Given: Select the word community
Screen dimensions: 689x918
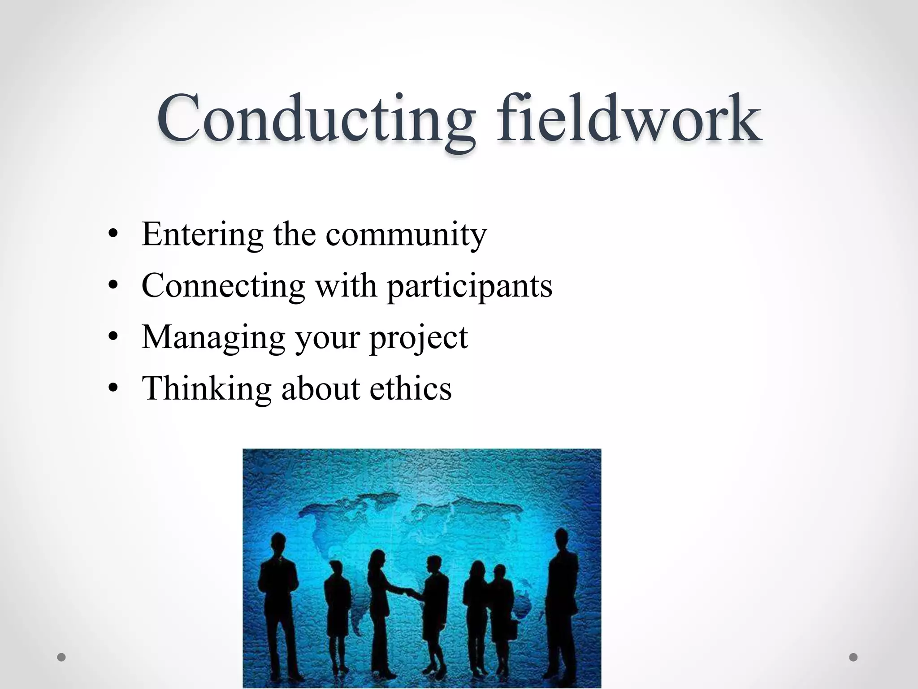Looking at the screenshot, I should pyautogui.click(x=406, y=235).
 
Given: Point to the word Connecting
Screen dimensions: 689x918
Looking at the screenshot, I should pyautogui.click(x=223, y=286).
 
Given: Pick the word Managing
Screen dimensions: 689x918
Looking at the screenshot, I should pyautogui.click(x=213, y=337).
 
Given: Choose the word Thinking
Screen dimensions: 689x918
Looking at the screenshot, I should pyautogui.click(x=206, y=388).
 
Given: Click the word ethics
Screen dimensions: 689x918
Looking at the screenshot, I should pyautogui.click(x=410, y=388).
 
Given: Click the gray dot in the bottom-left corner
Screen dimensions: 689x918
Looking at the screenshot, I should pyautogui.click(x=61, y=658).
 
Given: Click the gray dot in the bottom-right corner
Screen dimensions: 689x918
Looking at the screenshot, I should pyautogui.click(x=853, y=657).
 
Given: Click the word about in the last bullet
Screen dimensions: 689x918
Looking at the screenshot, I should pyautogui.click(x=320, y=388).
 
